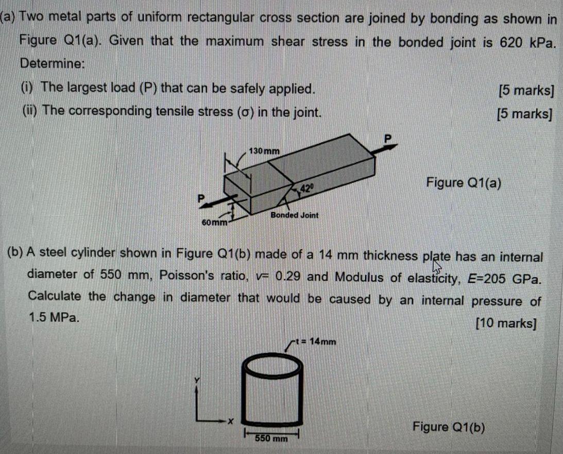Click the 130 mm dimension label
(264, 151)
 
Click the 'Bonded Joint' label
(295, 215)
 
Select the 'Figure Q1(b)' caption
(448, 427)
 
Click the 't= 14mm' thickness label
(317, 341)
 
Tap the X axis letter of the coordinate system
(231, 422)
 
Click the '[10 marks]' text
(506, 323)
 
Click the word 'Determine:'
(52, 64)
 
